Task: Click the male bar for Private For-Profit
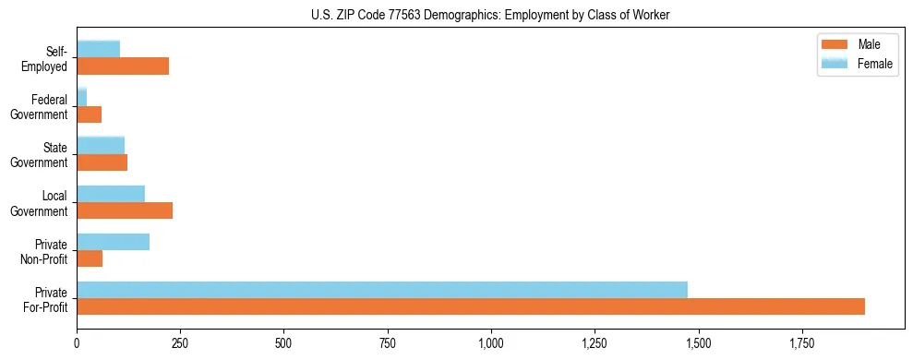(471, 306)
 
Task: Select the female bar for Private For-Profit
(382, 290)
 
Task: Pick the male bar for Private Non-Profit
(90, 258)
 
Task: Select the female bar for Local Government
(111, 194)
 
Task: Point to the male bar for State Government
(102, 162)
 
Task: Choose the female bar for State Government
(101, 145)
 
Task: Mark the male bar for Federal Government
(89, 114)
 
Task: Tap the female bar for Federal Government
(81, 97)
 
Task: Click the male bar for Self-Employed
(123, 66)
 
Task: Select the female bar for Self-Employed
(98, 49)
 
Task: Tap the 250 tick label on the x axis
(180, 344)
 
